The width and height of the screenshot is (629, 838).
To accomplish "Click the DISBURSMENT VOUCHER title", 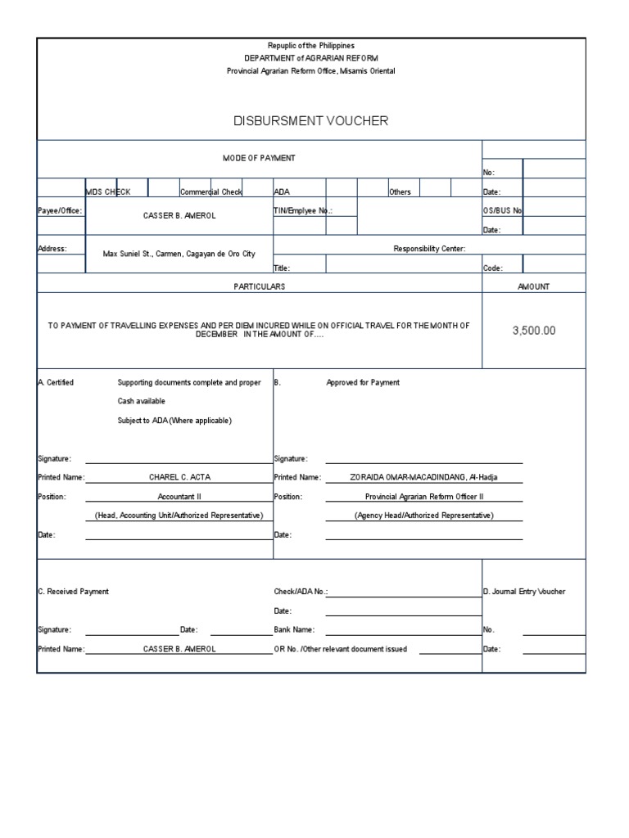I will (x=310, y=121).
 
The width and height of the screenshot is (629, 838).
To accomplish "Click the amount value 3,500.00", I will (x=533, y=331).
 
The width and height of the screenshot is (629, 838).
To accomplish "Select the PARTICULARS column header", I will (x=259, y=286).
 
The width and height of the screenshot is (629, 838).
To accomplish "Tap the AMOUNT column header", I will (x=533, y=286).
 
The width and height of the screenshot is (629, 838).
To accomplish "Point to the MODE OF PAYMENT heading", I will (x=259, y=157).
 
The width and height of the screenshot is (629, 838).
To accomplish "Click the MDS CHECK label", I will (x=108, y=191).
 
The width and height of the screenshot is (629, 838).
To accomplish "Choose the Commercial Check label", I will (x=211, y=191).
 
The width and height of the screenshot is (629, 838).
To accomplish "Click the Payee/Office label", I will (x=60, y=210).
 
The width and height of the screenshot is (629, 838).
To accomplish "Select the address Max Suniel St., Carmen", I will (x=179, y=254).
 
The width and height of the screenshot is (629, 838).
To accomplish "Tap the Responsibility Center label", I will (x=429, y=248).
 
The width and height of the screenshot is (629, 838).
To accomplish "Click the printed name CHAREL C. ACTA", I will (x=179, y=477).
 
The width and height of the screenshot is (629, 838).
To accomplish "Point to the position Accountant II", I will (x=179, y=497).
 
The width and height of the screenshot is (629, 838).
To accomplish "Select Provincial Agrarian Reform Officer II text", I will (x=424, y=497).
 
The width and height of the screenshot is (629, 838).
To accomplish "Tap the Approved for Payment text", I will (x=363, y=382).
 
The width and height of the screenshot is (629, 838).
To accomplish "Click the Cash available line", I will (x=141, y=401).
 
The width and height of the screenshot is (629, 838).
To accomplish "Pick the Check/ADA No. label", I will (x=300, y=592).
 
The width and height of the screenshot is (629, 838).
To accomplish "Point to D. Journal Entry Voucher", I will (x=523, y=592).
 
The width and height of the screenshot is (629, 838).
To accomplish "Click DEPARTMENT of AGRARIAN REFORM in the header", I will (x=310, y=58).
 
